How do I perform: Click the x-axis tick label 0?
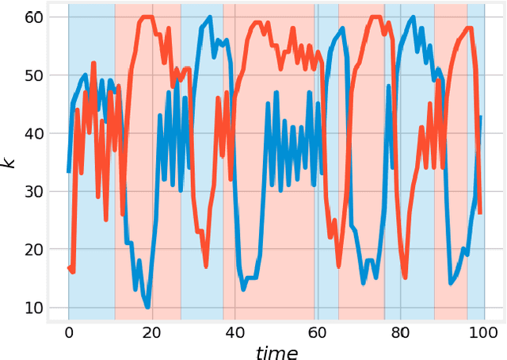(x=68, y=332)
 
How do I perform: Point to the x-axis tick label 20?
(x=151, y=332)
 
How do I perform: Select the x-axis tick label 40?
(x=234, y=332)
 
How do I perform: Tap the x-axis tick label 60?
(x=318, y=332)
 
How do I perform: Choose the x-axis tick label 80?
(x=400, y=332)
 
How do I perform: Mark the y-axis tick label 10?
(x=35, y=308)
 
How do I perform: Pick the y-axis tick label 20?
(x=35, y=250)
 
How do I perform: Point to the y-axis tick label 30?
(x=35, y=192)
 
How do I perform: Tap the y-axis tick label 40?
(x=35, y=134)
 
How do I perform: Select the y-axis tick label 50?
(x=35, y=76)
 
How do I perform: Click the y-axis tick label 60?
(x=35, y=17)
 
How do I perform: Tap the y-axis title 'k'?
(x=10, y=163)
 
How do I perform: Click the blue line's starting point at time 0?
(x=68, y=172)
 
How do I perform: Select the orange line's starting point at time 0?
(x=68, y=268)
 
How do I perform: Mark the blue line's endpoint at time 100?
(x=481, y=117)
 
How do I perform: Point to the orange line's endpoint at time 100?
(x=481, y=213)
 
